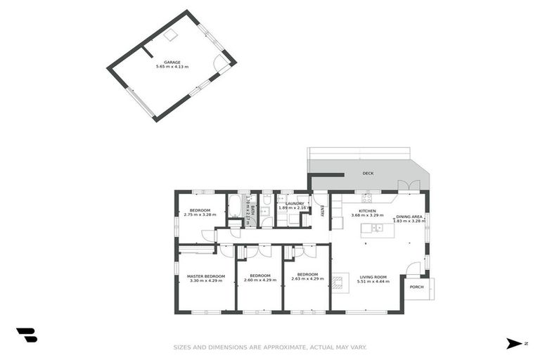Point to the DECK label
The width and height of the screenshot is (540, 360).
point(368,173)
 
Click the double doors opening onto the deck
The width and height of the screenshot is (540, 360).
point(405,186)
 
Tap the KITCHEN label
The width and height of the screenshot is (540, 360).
point(368,211)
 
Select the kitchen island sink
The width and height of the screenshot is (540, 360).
point(378,228)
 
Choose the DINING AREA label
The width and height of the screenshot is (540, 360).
point(409,217)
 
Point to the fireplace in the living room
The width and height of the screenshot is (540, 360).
point(339,283)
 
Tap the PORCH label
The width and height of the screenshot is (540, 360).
point(417,287)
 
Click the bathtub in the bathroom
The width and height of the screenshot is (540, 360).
point(235,208)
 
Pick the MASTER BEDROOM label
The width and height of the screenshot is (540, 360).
point(205,276)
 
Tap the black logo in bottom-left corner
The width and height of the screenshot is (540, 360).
point(27,335)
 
